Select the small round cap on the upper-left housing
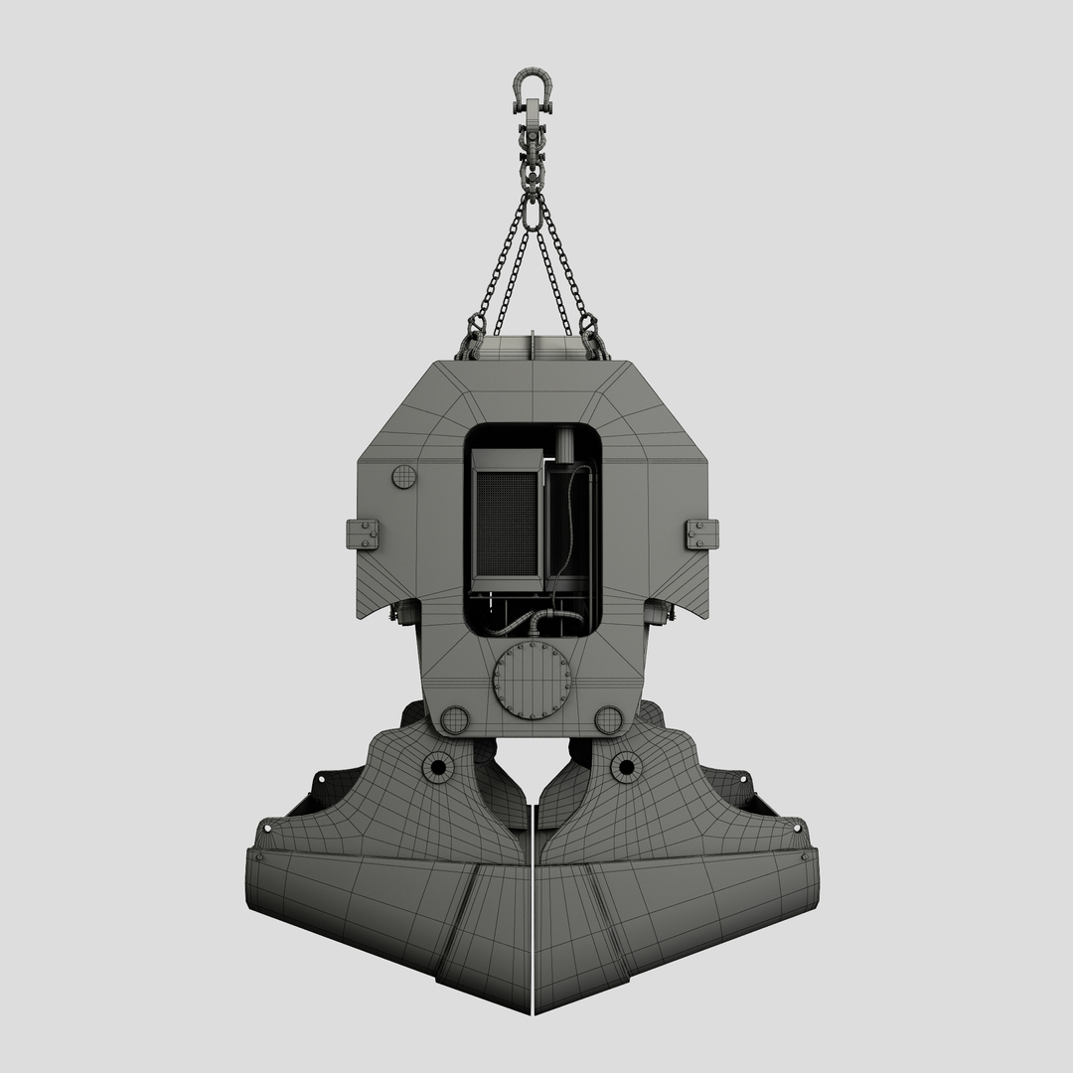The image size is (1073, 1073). coord(403,477)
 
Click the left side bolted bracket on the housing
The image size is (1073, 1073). coord(363,534)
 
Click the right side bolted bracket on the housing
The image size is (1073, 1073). coord(701,534)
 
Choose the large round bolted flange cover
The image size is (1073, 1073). coord(533,681)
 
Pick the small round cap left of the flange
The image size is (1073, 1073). coord(454,719)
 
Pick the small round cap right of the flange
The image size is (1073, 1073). coord(609,719)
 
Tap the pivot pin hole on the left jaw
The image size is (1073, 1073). coord(437,766)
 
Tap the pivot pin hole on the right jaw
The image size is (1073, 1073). coord(625,766)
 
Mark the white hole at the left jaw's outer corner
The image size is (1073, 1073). coord(266,826)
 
